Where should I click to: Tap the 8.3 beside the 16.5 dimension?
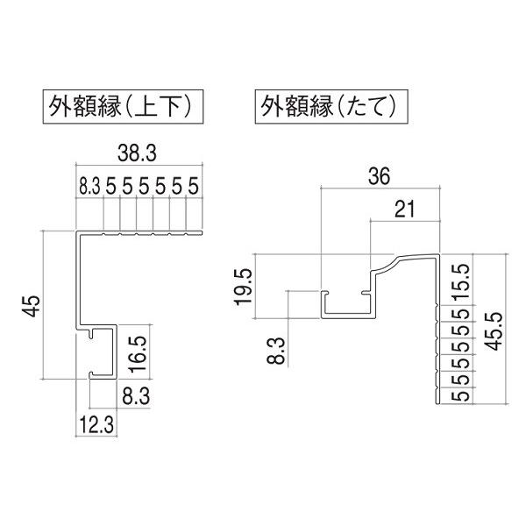point(134,396)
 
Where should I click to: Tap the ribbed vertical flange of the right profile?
point(436,351)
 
